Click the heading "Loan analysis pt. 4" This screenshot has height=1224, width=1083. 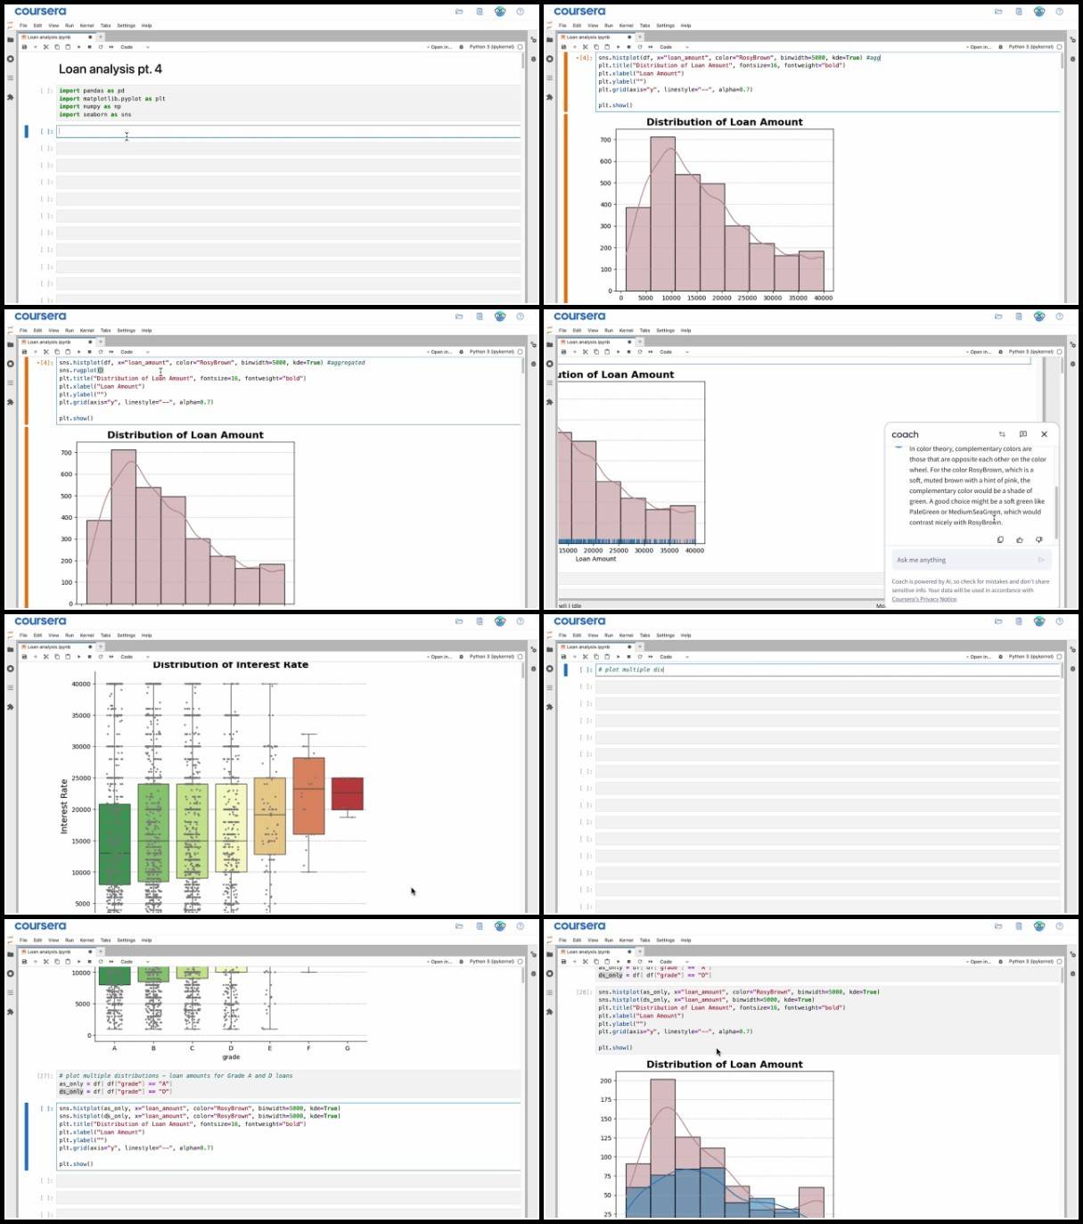point(111,70)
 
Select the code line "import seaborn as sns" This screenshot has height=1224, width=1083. point(95,115)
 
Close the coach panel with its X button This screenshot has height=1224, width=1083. point(1044,434)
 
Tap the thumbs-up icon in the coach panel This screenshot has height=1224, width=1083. point(1020,539)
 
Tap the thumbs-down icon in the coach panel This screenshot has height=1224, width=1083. point(1038,539)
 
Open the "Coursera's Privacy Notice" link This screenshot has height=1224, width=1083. point(924,599)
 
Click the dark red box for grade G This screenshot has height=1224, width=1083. point(347,793)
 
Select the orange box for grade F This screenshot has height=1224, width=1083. point(308,795)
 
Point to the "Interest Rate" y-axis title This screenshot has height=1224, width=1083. point(64,807)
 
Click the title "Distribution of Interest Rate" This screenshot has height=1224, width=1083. point(231,665)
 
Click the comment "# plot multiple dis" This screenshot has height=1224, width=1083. point(631,670)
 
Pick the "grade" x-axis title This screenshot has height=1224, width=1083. point(231,1057)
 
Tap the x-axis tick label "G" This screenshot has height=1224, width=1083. point(347,1048)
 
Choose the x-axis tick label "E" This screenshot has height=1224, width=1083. point(270,1048)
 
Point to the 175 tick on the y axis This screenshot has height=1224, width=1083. point(606,1100)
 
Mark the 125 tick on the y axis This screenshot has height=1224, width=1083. point(606,1138)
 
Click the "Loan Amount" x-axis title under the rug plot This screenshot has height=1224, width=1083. point(595,559)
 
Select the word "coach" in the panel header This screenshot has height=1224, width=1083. point(905,435)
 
